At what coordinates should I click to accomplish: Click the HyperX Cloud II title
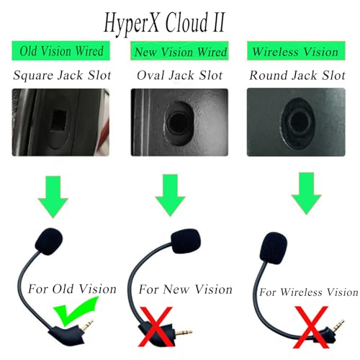pyautogui.click(x=165, y=23)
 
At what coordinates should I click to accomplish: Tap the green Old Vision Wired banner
pyautogui.click(x=61, y=50)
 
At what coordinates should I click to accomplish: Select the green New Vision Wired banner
pyautogui.click(x=179, y=51)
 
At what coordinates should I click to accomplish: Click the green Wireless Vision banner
pyautogui.click(x=296, y=51)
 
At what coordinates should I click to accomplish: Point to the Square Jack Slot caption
pyautogui.click(x=62, y=75)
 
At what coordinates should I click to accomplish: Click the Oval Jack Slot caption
pyautogui.click(x=180, y=75)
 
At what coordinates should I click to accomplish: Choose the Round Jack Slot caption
pyautogui.click(x=297, y=75)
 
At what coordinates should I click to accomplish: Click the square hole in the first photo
pyautogui.click(x=59, y=120)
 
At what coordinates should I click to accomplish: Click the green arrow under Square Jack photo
pyautogui.click(x=53, y=197)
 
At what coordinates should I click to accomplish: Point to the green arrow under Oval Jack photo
pyautogui.click(x=170, y=195)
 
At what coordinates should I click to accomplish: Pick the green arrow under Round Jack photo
pyautogui.click(x=307, y=193)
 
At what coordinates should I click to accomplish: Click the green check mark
pyautogui.click(x=74, y=311)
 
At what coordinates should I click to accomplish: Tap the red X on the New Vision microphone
pyautogui.click(x=156, y=326)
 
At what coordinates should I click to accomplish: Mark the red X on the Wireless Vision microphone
pyautogui.click(x=311, y=327)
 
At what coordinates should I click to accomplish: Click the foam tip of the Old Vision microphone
pyautogui.click(x=49, y=241)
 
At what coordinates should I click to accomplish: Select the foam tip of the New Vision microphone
pyautogui.click(x=186, y=241)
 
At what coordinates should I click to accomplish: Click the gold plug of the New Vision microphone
pyautogui.click(x=184, y=333)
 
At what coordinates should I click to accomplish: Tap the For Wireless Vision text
pyautogui.click(x=309, y=292)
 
